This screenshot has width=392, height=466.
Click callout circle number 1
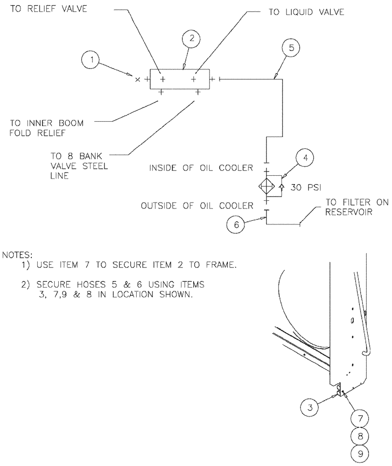point(92,60)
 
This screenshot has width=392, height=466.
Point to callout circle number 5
point(291,48)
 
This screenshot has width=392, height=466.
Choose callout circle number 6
point(236,224)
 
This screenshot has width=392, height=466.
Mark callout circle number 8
point(360,436)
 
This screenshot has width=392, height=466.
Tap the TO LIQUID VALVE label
point(306,13)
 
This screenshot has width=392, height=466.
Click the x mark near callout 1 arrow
point(137,80)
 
